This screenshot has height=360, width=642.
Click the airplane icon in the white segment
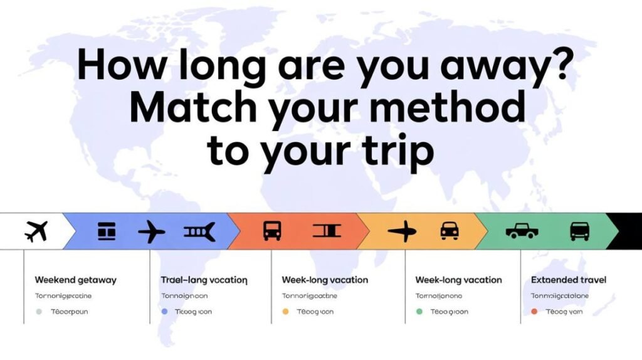click(36, 231)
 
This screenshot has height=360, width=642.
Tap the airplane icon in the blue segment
click(151, 231)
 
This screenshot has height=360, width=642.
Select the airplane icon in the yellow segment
click(402, 231)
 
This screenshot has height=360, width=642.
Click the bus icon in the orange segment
click(272, 231)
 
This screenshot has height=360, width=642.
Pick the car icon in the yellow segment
click(450, 231)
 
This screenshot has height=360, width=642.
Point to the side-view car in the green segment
click(522, 231)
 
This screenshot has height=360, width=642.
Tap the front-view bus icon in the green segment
click(579, 231)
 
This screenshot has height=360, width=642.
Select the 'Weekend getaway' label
click(76, 280)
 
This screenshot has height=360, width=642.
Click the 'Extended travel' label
click(569, 280)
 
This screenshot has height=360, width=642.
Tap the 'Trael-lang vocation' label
click(204, 280)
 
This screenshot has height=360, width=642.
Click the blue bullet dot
click(165, 311)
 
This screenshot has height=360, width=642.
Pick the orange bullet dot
click(286, 311)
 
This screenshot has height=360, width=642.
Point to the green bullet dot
click(419, 311)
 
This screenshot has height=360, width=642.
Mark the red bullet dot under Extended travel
click(534, 311)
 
